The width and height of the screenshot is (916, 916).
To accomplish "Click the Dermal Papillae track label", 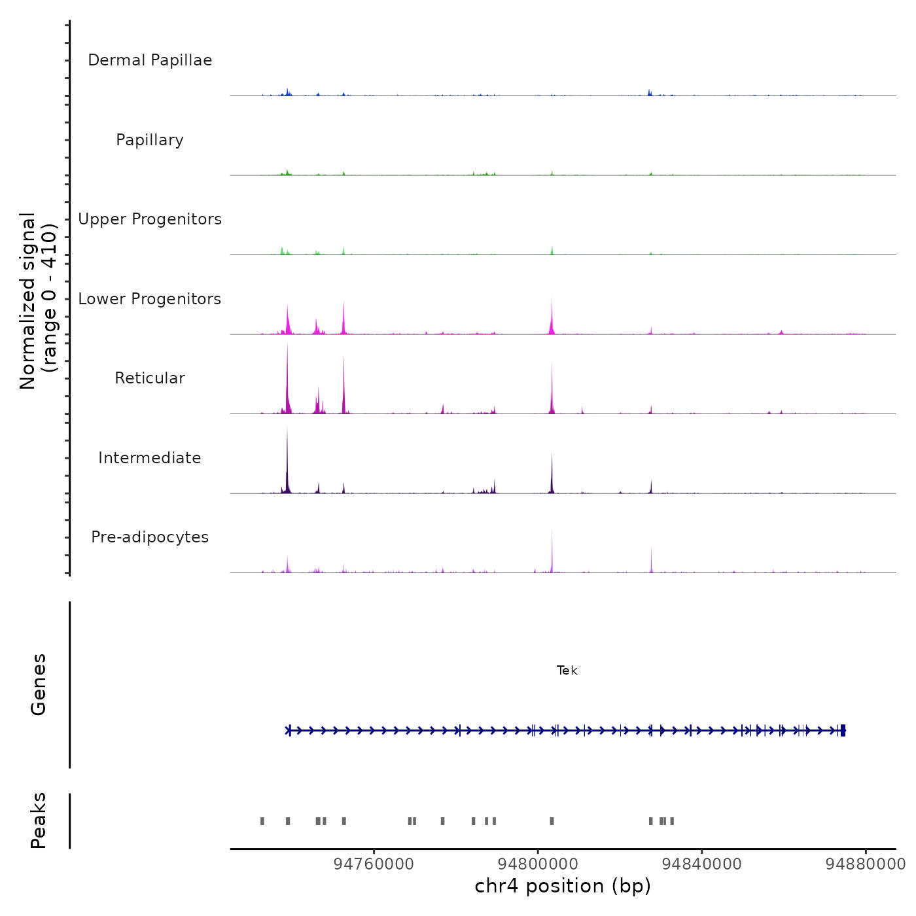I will pyautogui.click(x=150, y=60).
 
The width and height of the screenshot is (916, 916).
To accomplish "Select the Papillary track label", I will pyautogui.click(x=150, y=140).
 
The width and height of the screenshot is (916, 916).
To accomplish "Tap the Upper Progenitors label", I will pyautogui.click(x=150, y=219).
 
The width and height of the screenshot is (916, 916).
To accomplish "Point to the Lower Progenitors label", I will pyautogui.click(x=150, y=299).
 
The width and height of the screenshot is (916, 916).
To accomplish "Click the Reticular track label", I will pyautogui.click(x=150, y=378).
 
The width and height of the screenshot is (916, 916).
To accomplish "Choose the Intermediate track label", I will pyautogui.click(x=150, y=458).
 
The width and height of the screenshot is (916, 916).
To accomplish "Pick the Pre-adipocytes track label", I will pyautogui.click(x=150, y=537).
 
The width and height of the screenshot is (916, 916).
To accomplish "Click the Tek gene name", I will pyautogui.click(x=567, y=671).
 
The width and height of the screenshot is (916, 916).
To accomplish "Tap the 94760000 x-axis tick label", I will pyautogui.click(x=374, y=864).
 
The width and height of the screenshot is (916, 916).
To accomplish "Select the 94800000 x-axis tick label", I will pyautogui.click(x=538, y=864).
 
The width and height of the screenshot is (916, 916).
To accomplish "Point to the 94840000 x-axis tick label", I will pyautogui.click(x=701, y=864).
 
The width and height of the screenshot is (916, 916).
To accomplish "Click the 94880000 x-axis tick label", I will pyautogui.click(x=865, y=864).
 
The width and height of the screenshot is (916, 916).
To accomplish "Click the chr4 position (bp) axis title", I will pyautogui.click(x=563, y=886).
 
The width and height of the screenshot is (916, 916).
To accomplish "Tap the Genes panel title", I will pyautogui.click(x=39, y=684).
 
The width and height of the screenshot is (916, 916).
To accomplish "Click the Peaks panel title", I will pyautogui.click(x=39, y=820).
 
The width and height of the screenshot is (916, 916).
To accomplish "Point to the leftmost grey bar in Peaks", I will pyautogui.click(x=262, y=821).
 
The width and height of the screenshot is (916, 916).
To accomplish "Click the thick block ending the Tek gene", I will pyautogui.click(x=843, y=730).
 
